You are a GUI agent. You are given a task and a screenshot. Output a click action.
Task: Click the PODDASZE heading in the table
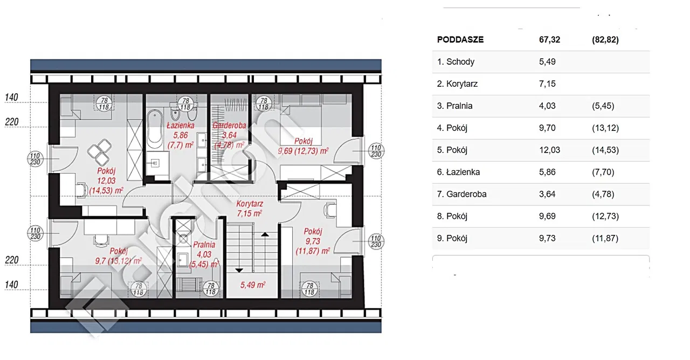tap(460, 40)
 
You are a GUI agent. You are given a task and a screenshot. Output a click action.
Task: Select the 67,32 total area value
tap(549, 40)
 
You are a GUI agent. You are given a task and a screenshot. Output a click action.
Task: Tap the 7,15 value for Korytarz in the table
tap(547, 84)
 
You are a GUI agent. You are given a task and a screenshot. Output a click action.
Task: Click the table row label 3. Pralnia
tap(454, 106)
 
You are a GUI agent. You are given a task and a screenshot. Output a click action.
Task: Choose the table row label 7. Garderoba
tap(462, 195)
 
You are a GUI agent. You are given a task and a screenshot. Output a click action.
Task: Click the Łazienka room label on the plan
tap(181, 126)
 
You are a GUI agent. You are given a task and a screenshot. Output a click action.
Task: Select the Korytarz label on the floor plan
tap(250, 204)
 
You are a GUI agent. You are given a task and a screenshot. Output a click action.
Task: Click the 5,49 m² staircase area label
tap(253, 285)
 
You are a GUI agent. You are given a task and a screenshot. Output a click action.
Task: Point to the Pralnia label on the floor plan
tap(204, 245)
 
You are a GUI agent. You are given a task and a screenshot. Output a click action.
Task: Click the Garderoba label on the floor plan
tap(229, 126)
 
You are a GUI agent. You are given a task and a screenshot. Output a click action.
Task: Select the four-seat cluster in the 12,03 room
tap(99, 152)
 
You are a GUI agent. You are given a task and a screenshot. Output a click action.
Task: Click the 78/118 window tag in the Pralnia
tap(211, 289)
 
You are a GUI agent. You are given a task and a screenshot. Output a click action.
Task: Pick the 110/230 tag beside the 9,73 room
tap(376, 241)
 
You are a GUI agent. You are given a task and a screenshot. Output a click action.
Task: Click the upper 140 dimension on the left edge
tap(11, 98)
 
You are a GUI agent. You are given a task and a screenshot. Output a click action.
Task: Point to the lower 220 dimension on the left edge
tap(12, 260)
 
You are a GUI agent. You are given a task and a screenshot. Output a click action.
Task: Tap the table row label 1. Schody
tap(456, 62)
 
